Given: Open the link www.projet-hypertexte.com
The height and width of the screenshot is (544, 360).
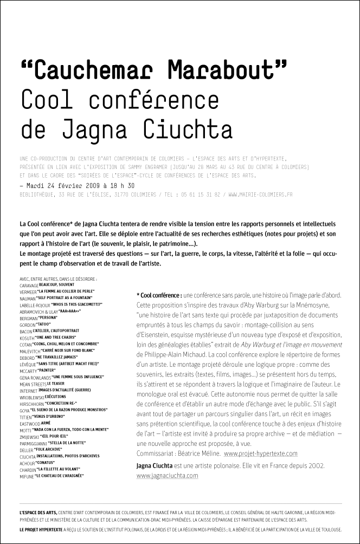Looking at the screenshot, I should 260,454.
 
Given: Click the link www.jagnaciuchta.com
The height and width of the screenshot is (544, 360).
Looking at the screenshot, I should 167,475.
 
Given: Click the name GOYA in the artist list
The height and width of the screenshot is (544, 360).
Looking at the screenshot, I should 24,410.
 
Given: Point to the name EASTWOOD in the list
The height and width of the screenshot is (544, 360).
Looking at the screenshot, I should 29,424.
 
